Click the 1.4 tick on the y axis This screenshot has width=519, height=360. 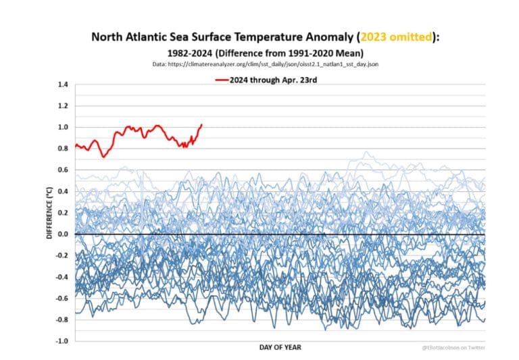click(x=64, y=84)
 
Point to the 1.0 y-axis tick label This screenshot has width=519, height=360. click(x=64, y=127)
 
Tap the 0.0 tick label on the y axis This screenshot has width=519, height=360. click(x=64, y=234)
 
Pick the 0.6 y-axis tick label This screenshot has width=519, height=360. click(x=64, y=170)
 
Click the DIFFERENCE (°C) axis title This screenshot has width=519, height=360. click(x=49, y=213)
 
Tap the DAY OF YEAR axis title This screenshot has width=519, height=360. click(x=280, y=347)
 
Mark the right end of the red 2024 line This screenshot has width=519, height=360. click(x=201, y=124)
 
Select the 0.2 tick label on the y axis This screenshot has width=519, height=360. click(x=64, y=212)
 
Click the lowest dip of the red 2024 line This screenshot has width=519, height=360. click(x=103, y=157)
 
